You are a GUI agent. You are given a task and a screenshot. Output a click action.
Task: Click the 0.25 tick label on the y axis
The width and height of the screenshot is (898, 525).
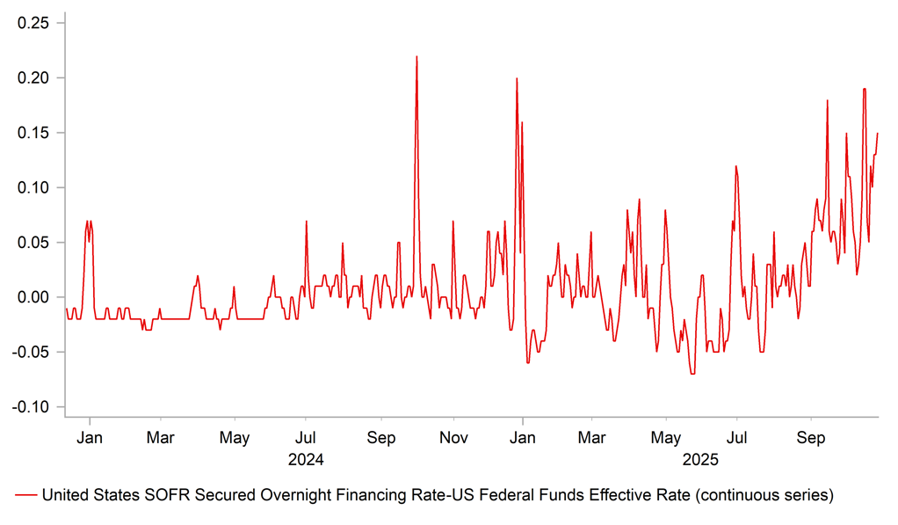[x=35, y=23]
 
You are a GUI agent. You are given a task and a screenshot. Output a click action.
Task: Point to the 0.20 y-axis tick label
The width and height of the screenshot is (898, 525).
[x=35, y=78]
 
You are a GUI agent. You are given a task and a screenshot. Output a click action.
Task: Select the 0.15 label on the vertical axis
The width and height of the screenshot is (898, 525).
[x=35, y=133]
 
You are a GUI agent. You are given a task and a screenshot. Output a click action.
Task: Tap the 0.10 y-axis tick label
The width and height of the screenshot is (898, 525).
[x=35, y=187]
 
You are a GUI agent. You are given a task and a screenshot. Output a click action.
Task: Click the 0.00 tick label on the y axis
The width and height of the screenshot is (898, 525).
[x=35, y=297]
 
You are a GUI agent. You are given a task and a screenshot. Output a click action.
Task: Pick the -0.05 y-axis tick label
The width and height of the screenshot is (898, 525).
[x=33, y=352]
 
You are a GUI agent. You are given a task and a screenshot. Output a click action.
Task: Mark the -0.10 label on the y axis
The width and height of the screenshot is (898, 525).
[x=33, y=407]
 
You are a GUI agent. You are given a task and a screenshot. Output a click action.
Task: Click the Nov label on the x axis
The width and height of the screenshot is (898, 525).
[x=453, y=437]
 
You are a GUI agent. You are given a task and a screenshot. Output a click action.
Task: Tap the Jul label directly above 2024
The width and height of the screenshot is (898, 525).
[x=305, y=437]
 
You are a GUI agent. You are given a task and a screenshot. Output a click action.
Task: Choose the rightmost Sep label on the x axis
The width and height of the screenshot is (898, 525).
[x=811, y=437]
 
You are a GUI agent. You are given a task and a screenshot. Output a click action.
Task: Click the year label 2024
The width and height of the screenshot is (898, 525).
[x=306, y=459]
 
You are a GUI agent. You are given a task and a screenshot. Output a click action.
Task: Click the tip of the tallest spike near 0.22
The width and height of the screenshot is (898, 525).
[x=416, y=57]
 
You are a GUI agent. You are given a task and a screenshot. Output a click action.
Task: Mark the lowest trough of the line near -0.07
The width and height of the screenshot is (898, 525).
[x=692, y=374]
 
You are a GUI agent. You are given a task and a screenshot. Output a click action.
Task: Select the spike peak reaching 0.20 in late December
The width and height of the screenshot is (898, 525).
[x=517, y=79]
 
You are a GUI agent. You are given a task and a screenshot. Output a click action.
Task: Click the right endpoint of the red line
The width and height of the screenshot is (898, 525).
[x=878, y=134]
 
